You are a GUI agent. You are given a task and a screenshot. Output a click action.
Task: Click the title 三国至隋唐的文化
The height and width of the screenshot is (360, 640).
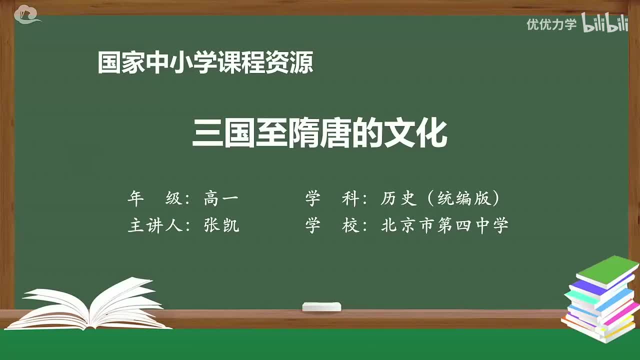pyautogui.click(x=319, y=133)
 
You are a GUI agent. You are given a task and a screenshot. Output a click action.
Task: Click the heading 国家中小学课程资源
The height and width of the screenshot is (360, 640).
pyautogui.click(x=205, y=63)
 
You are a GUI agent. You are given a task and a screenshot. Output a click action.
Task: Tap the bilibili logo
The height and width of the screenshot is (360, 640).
pyautogui.click(x=605, y=24)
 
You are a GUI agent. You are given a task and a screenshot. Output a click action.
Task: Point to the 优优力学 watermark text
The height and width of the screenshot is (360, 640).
pyautogui.click(x=551, y=24)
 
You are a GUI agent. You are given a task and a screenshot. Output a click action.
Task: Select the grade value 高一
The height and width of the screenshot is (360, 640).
pyautogui.click(x=221, y=199)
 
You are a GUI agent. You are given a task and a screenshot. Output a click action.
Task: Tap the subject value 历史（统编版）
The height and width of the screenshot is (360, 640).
pyautogui.click(x=440, y=199)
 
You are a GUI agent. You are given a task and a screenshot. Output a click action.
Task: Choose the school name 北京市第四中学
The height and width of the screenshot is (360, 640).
pyautogui.click(x=444, y=225)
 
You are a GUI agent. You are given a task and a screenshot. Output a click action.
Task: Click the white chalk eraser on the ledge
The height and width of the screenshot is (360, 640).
pyautogui.click(x=321, y=306)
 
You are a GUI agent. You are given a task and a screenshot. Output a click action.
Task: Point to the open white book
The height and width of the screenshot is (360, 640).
pyautogui.click(x=90, y=304)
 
